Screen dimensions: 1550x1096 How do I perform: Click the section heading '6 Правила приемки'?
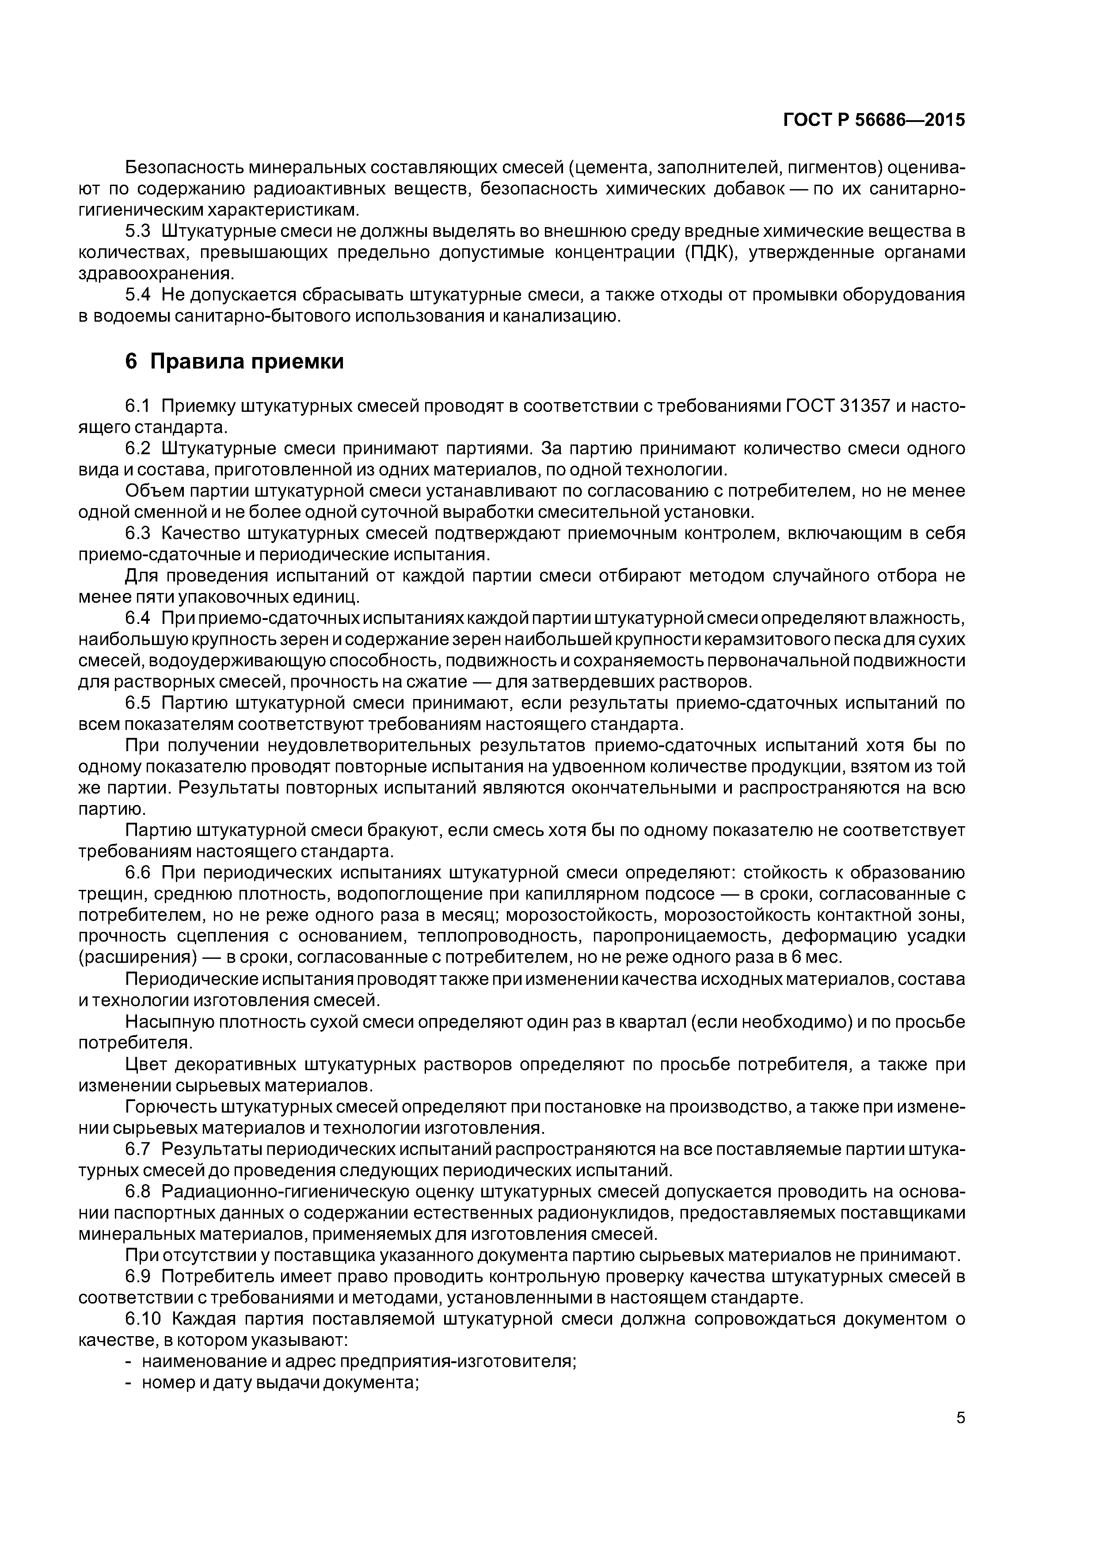point(234,362)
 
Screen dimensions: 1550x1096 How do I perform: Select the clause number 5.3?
point(138,232)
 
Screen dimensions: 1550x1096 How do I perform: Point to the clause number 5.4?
point(138,295)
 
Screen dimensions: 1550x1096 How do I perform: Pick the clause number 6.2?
point(138,448)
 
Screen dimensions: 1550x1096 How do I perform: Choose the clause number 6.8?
point(138,1192)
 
